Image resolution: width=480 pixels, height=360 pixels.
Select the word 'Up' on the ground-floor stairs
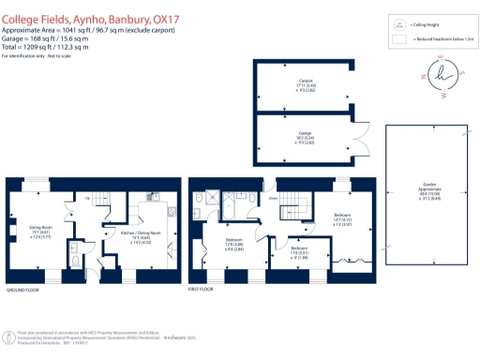87,198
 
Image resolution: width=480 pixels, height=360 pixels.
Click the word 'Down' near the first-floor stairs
273,198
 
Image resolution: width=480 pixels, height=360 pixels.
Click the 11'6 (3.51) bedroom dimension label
296,252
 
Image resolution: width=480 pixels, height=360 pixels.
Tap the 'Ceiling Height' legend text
425,27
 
